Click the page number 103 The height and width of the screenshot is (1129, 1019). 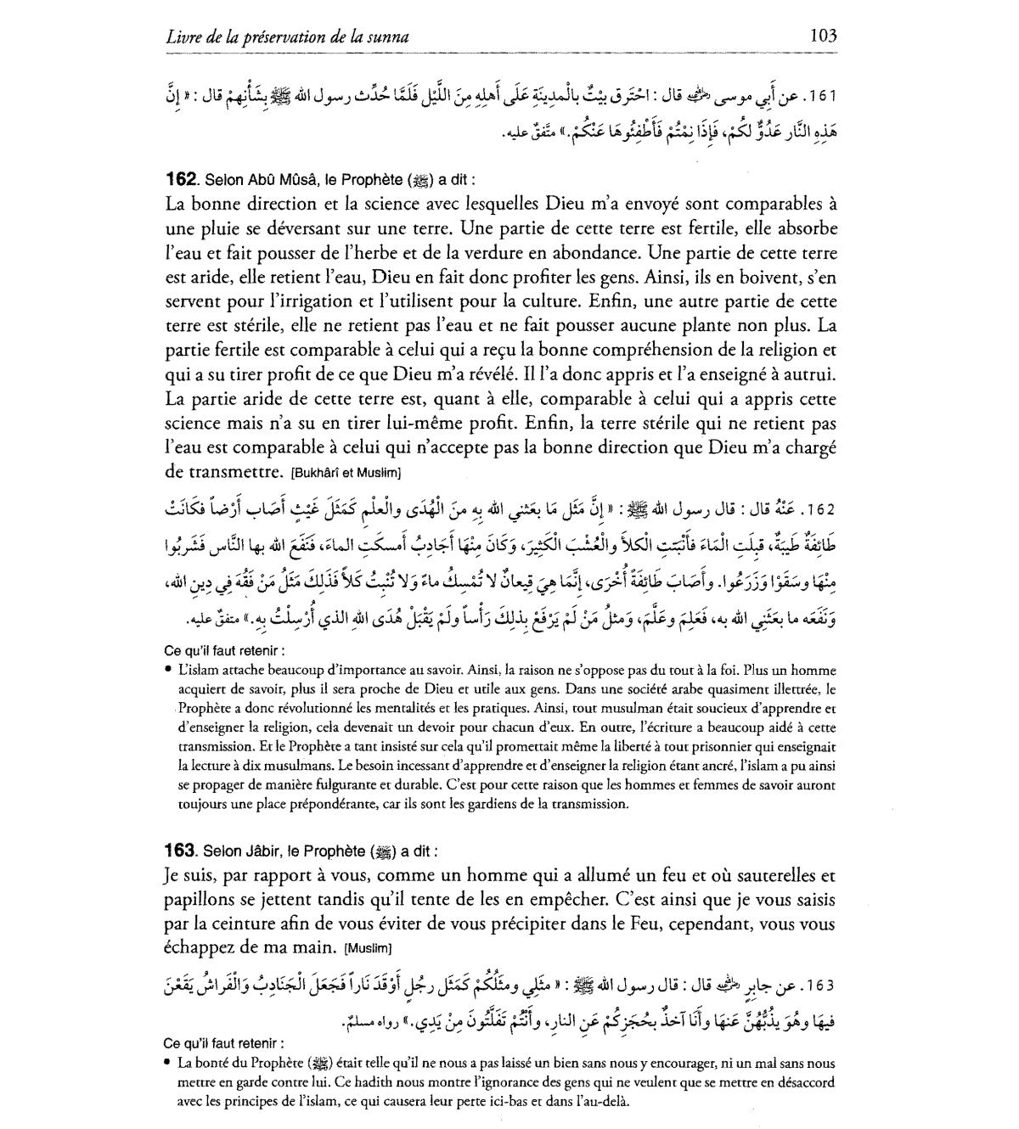(823, 36)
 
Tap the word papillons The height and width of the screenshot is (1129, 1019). (198, 899)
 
